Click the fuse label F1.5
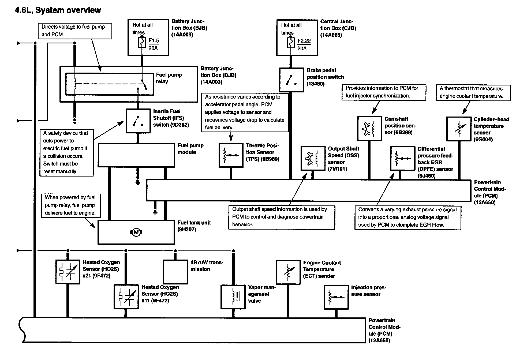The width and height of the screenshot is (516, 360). click(x=154, y=41)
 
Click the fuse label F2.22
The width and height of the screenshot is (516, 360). click(x=304, y=41)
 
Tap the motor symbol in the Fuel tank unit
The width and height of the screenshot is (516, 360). click(x=136, y=232)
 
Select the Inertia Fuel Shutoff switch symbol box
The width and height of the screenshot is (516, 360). click(x=138, y=121)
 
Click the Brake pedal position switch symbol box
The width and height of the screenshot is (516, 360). click(x=291, y=80)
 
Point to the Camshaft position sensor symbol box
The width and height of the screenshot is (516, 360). click(x=369, y=128)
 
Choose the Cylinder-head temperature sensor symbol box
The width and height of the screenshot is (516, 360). click(x=459, y=129)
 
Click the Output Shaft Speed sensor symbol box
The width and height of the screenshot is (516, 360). click(x=313, y=158)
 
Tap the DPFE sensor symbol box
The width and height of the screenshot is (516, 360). click(x=402, y=159)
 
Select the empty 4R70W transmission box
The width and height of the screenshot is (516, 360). click(x=175, y=272)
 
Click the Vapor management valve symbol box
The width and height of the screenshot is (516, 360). click(x=233, y=297)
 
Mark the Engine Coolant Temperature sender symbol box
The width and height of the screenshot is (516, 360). click(x=288, y=272)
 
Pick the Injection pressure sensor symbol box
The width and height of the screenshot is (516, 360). click(x=336, y=297)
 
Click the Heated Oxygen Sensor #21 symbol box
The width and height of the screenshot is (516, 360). click(x=68, y=272)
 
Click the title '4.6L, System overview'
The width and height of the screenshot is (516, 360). click(x=58, y=10)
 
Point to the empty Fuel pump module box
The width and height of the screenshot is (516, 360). click(x=136, y=155)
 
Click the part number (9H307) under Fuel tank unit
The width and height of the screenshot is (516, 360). click(x=187, y=230)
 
